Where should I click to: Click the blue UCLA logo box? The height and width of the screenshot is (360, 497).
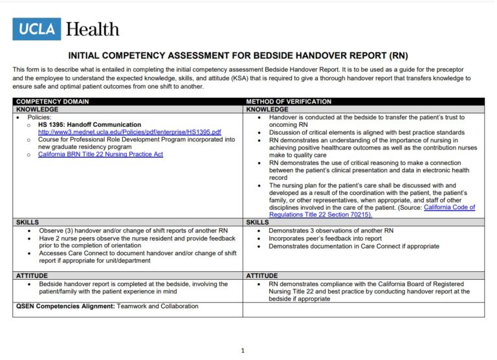point(37,29)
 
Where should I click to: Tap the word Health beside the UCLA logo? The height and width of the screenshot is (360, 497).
point(93,29)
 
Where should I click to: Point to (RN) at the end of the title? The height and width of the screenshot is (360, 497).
point(398,56)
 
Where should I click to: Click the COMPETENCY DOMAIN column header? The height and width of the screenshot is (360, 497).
point(52,102)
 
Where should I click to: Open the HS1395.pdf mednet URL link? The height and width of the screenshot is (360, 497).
point(129,132)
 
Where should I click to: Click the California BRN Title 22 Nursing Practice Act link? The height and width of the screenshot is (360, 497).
point(100,154)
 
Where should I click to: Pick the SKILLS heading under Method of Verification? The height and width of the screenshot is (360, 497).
point(258,222)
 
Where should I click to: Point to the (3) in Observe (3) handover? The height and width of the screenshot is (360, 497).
point(71,231)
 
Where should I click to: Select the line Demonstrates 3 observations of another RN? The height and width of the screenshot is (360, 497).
point(331,231)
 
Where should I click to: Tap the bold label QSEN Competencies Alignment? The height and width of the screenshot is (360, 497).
point(65,306)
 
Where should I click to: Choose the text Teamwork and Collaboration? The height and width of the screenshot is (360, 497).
point(158,306)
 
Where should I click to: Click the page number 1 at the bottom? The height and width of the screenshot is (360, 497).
point(243,350)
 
